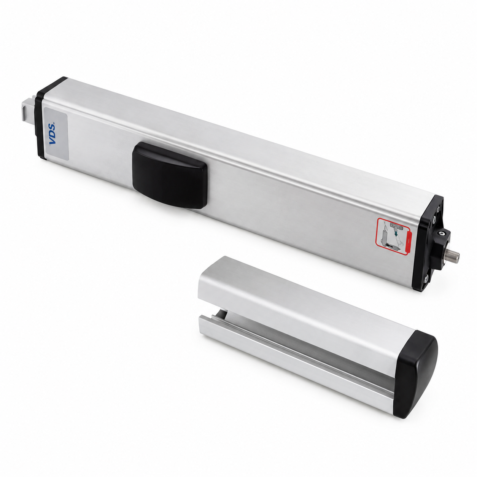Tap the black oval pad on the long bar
[x=170, y=175]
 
